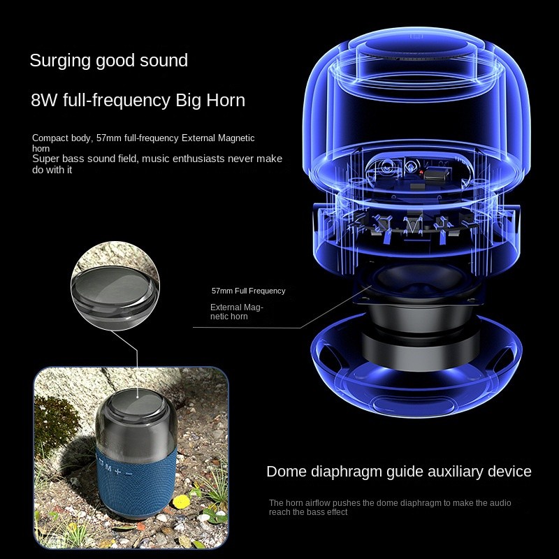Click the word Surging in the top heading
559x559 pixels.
pyautogui.click(x=60, y=61)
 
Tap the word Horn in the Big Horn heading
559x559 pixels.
pyautogui.click(x=226, y=100)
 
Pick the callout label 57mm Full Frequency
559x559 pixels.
pyautogui.click(x=249, y=291)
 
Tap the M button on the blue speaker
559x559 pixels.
pyautogui.click(x=109, y=468)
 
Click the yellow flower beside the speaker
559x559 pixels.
pyautogui.click(x=181, y=502)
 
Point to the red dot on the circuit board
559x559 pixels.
pyautogui.click(x=421, y=173)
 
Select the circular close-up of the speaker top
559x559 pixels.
pyautogui.click(x=115, y=286)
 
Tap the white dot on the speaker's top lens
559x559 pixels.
pyautogui.click(x=138, y=396)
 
